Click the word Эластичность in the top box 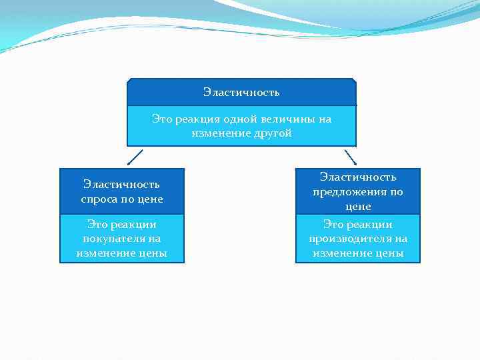(241, 92)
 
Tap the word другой (273, 133)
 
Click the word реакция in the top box (198, 119)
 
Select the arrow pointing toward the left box (135, 157)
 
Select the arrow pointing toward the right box (350, 157)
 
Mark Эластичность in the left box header (121, 184)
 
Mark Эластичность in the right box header (358, 177)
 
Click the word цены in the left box (150, 253)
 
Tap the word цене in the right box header (358, 207)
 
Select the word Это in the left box (97, 225)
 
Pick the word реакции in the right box (371, 225)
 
